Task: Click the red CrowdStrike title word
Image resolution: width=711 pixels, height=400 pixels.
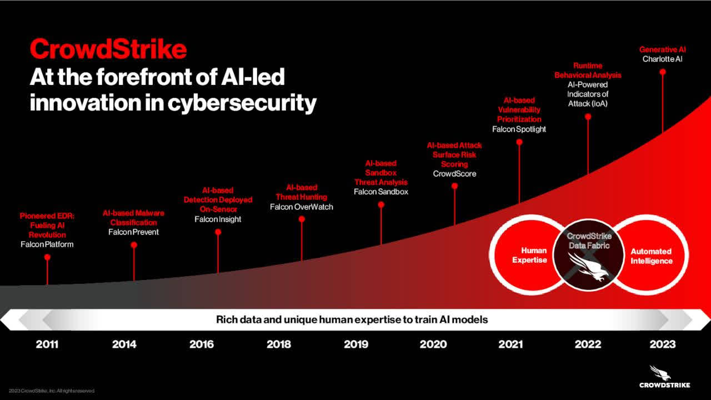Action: tap(108, 49)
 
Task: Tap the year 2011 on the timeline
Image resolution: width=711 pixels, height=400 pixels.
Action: tap(47, 344)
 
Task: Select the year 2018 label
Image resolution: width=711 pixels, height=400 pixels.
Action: tap(278, 344)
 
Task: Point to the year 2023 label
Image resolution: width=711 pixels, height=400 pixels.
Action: tap(663, 344)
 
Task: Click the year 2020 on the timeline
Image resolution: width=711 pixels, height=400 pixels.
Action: tap(433, 344)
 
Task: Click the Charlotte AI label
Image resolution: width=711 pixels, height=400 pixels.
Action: tap(662, 59)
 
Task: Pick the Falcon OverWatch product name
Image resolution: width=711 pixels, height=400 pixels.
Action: tap(301, 207)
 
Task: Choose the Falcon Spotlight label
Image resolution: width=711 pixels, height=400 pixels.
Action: tap(519, 129)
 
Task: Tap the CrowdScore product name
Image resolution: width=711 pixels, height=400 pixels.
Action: tap(454, 174)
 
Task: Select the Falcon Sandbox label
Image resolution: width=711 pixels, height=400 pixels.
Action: tap(381, 192)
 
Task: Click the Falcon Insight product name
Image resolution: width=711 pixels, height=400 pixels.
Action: tap(218, 219)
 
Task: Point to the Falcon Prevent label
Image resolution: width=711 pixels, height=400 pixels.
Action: tap(133, 232)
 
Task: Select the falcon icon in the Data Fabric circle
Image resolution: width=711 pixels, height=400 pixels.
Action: tap(588, 266)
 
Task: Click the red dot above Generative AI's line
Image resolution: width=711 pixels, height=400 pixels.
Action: tap(662, 72)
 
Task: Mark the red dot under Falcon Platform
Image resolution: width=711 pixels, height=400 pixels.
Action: tap(47, 257)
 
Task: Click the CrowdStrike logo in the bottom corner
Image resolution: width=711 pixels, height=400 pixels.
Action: tap(664, 377)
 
